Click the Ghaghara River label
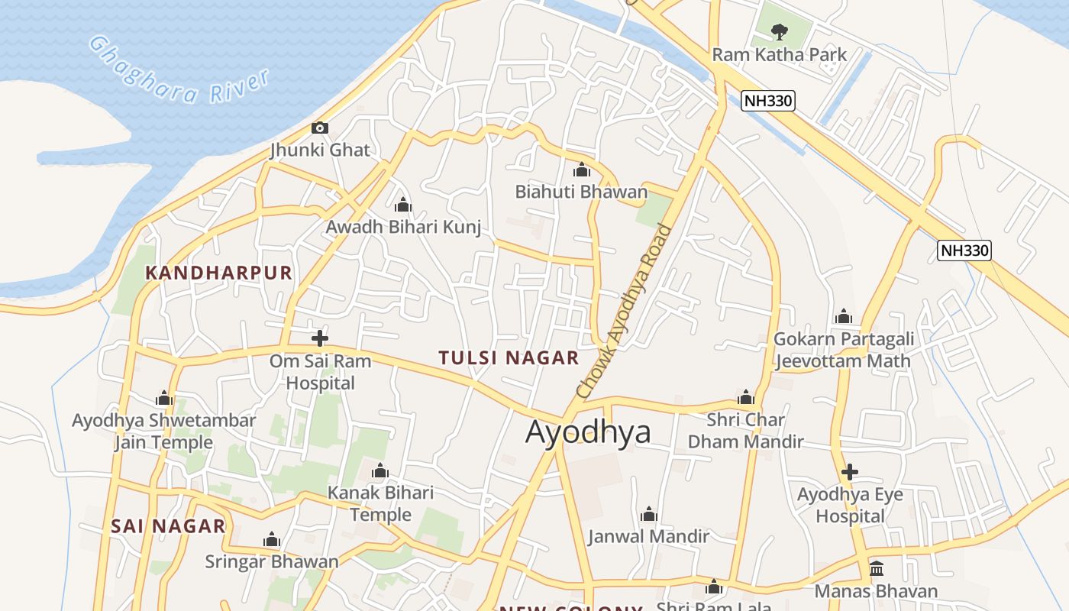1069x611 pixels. pos(179,70)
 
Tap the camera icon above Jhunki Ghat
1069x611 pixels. pos(320,128)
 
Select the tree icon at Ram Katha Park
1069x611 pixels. pos(779,32)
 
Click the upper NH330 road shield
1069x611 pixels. pos(768,100)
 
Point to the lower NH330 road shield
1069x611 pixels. pos(964,250)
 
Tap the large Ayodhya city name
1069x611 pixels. pos(588,432)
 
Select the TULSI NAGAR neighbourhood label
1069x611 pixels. pos(509,357)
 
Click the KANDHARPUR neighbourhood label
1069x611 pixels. pos(219,273)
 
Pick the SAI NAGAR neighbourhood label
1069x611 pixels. pos(168,525)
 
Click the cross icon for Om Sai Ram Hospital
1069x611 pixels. pos(320,338)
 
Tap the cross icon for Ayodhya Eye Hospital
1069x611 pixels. pos(849,472)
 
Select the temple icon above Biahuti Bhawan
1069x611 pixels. pos(582,170)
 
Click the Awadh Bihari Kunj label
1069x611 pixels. pos(403,227)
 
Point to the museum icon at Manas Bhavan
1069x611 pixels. pos(877,569)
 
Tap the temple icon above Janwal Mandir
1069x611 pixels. pos(649,514)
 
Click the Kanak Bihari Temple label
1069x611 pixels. pos(380,503)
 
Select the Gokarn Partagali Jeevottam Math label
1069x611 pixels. pos(843,350)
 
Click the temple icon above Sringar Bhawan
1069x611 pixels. pos(272,540)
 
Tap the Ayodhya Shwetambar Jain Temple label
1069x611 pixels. pos(163,432)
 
